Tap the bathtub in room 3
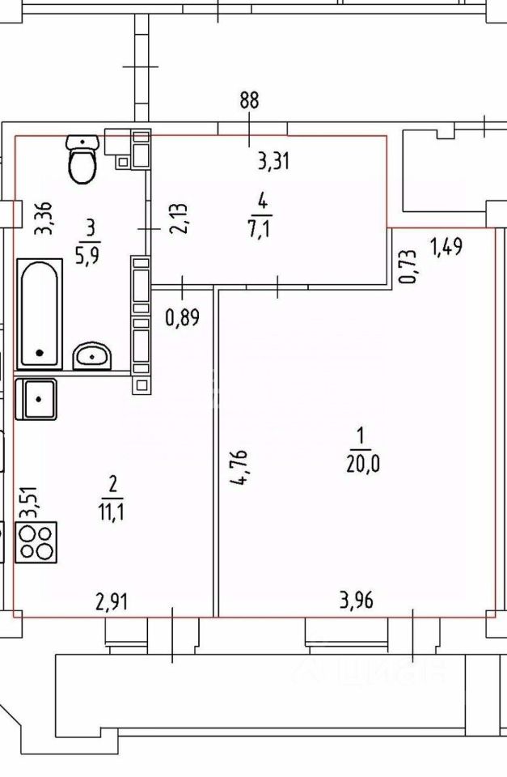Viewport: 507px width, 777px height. pyautogui.click(x=39, y=313)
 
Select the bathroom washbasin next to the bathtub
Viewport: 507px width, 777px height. pyautogui.click(x=91, y=355)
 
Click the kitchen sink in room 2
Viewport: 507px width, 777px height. pyautogui.click(x=36, y=399)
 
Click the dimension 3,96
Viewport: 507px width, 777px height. pyautogui.click(x=356, y=601)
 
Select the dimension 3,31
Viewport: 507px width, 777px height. pyautogui.click(x=273, y=162)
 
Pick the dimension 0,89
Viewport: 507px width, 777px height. pyautogui.click(x=182, y=317)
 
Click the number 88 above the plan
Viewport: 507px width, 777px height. pyautogui.click(x=249, y=100)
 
